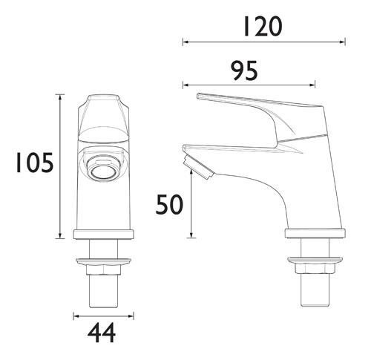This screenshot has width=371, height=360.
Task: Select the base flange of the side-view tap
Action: [314, 235]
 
